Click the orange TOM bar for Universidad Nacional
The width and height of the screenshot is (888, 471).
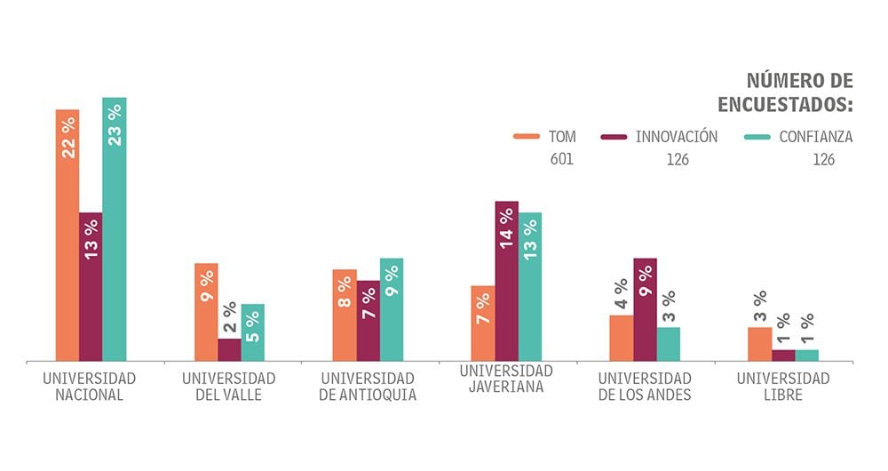point(67,235)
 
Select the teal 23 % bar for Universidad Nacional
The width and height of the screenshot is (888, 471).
point(115,229)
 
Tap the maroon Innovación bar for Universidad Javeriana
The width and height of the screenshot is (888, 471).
point(507,281)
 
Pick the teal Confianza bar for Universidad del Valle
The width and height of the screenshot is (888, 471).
point(253,332)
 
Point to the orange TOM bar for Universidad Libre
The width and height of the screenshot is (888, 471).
point(759,344)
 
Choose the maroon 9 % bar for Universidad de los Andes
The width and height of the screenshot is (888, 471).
point(646,309)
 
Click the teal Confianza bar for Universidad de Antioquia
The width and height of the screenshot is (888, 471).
point(392,309)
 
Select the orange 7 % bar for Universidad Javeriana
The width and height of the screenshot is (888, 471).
point(483,323)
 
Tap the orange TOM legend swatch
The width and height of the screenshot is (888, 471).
point(527,138)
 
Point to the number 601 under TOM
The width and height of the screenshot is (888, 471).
point(561,160)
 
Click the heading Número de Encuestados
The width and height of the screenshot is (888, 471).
point(785,93)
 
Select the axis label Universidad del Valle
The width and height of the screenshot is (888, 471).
point(229,387)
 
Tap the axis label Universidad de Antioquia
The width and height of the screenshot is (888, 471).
point(368,387)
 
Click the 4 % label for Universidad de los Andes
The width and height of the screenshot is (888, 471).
point(621,294)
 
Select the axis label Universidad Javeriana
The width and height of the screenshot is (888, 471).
point(506,379)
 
